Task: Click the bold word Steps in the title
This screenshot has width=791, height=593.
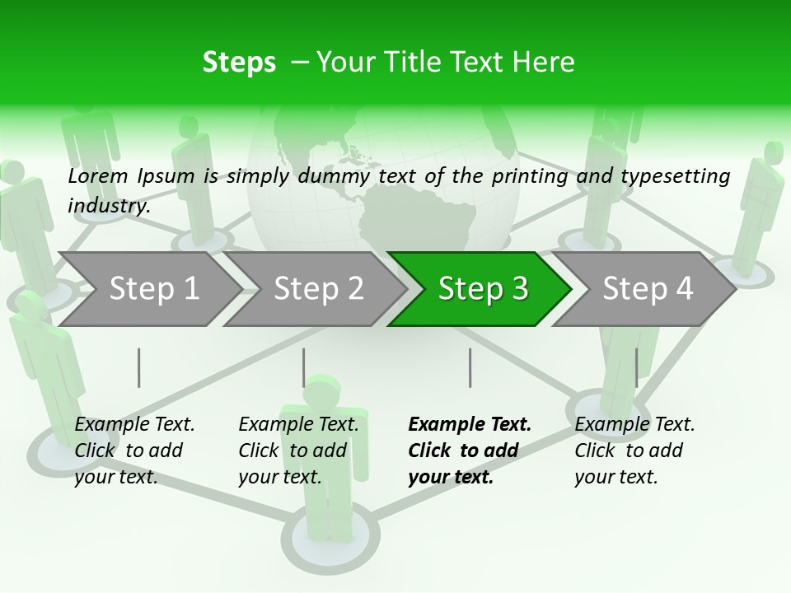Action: point(239,63)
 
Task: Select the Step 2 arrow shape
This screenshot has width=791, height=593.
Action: point(318,288)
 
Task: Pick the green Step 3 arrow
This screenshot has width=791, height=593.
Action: point(483,288)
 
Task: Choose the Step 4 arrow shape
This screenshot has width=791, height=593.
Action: point(648,288)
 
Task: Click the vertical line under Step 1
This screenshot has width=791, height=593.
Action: point(139,367)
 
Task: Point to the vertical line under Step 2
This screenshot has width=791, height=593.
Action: point(304,367)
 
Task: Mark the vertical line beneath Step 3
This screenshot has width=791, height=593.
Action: point(470,367)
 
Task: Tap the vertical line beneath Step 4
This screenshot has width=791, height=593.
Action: point(636,367)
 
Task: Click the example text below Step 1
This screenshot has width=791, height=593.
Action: point(134,451)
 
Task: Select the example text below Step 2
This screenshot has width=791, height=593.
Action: point(298,451)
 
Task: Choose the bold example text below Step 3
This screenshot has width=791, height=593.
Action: point(470,451)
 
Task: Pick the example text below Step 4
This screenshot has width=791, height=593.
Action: point(634,451)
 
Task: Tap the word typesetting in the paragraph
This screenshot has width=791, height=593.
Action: point(675,176)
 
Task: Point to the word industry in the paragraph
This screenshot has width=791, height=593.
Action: point(109,206)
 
